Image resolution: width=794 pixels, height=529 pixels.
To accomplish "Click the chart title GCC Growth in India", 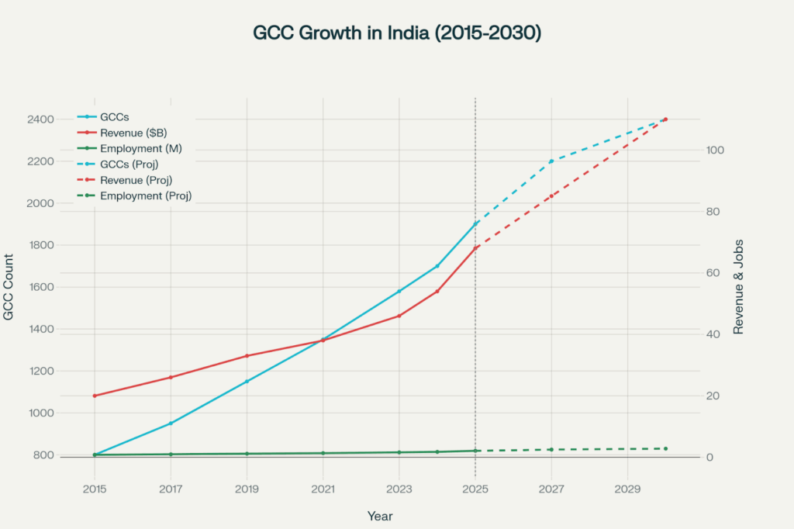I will (396, 33).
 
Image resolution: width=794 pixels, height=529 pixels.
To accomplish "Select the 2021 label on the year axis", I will (323, 489).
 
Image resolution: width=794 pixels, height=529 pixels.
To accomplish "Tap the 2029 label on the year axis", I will (627, 489).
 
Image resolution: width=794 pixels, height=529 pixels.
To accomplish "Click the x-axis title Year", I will (380, 515).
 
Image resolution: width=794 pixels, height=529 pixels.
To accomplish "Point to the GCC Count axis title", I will (9, 287).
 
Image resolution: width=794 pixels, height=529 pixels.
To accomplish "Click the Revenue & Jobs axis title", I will (738, 286).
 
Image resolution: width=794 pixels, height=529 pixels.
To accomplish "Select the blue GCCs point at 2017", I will (171, 424).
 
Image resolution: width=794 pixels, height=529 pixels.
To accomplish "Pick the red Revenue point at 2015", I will (95, 396).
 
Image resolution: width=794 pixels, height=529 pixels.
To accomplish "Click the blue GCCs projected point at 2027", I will (551, 161).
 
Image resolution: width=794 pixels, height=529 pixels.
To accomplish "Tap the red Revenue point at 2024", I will (437, 291).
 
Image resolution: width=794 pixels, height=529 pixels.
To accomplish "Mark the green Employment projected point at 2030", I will (665, 448).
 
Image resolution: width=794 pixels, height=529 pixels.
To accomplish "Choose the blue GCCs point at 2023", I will (399, 292).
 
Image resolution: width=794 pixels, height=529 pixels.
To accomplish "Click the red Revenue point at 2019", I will (247, 356).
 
